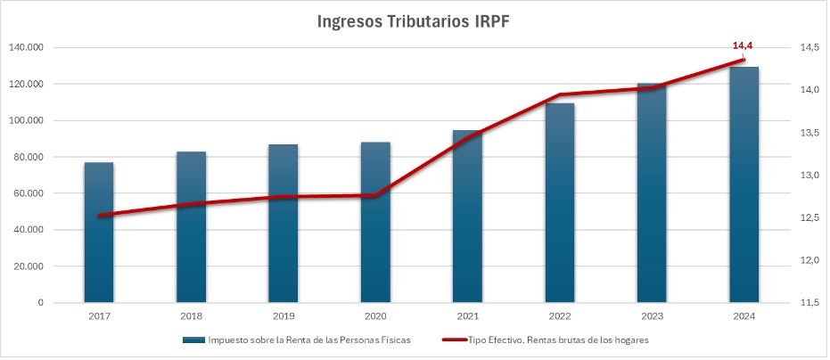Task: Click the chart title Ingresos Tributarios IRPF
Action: [415, 21]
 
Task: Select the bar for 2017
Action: [99, 232]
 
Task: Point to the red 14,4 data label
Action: [743, 45]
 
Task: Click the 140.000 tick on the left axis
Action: [27, 48]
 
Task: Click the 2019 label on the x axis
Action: [283, 316]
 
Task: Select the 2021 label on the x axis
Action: [467, 316]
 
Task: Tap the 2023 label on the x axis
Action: [652, 316]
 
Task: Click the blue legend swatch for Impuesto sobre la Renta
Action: [193, 340]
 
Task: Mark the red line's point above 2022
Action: [560, 95]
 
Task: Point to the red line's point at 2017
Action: [100, 216]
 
